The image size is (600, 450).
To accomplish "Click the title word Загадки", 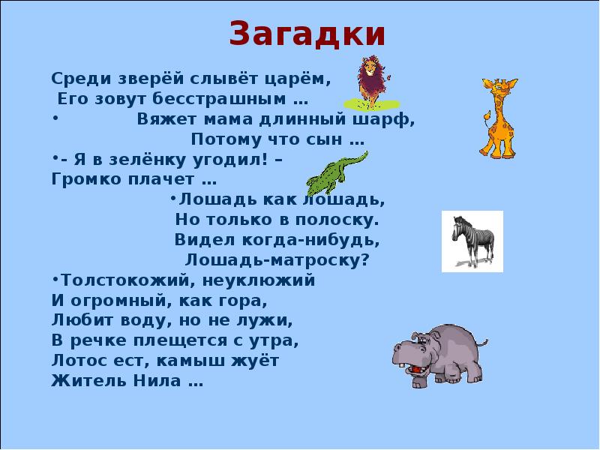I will (x=307, y=34).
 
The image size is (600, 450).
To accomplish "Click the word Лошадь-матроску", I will (x=277, y=260).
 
